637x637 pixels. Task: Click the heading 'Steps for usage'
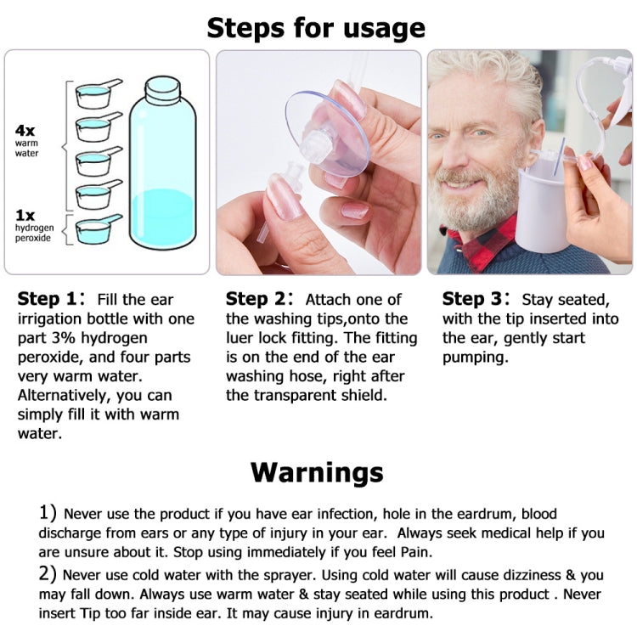[316, 28]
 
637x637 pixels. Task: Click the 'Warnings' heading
[317, 471]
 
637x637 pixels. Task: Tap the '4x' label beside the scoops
[25, 131]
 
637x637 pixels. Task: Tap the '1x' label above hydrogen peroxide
[25, 215]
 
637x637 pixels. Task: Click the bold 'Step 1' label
[51, 299]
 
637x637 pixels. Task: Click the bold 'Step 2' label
[259, 299]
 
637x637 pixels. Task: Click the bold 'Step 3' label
[476, 299]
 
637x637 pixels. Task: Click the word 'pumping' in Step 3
[477, 357]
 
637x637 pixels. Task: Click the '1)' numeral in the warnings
[47, 514]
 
